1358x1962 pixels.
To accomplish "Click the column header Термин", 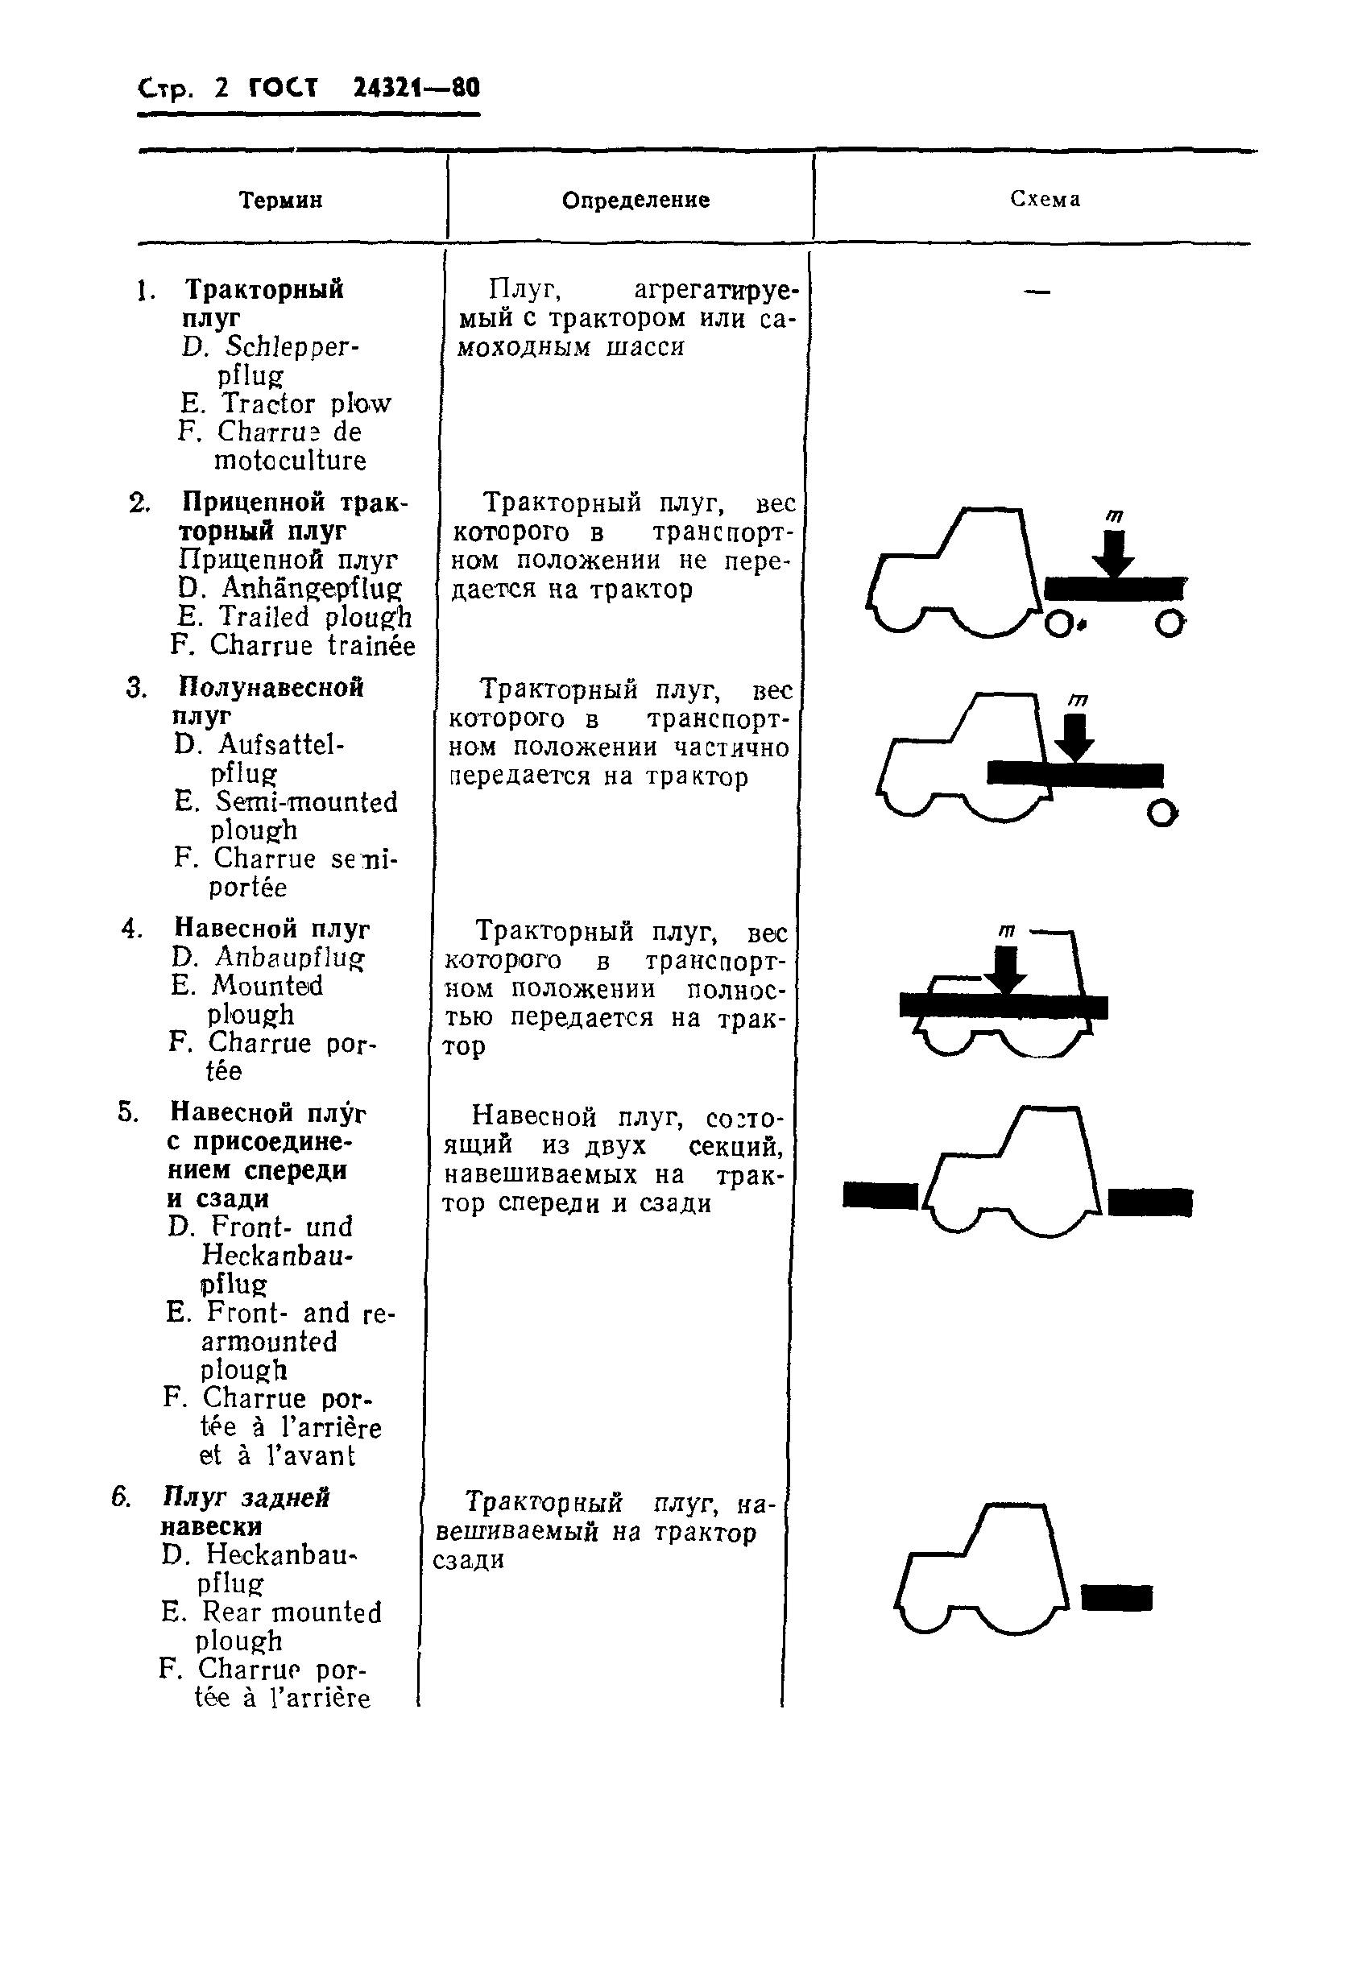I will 280,201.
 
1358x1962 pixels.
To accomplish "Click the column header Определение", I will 636,200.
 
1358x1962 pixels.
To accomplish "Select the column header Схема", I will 1045,199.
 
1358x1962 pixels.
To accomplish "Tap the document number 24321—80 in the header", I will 416,88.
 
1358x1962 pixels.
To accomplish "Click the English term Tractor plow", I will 305,404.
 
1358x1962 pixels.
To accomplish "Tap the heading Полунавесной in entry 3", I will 271,686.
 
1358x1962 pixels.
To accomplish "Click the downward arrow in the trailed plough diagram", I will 1113,553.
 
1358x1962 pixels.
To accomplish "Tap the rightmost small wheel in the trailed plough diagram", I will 1170,624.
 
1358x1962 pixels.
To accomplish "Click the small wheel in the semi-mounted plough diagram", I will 1161,813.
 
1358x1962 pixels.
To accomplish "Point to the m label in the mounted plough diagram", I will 1006,931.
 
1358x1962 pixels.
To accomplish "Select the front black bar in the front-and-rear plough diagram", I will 880,1195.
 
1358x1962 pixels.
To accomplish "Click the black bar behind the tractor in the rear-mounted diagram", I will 1116,1597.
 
